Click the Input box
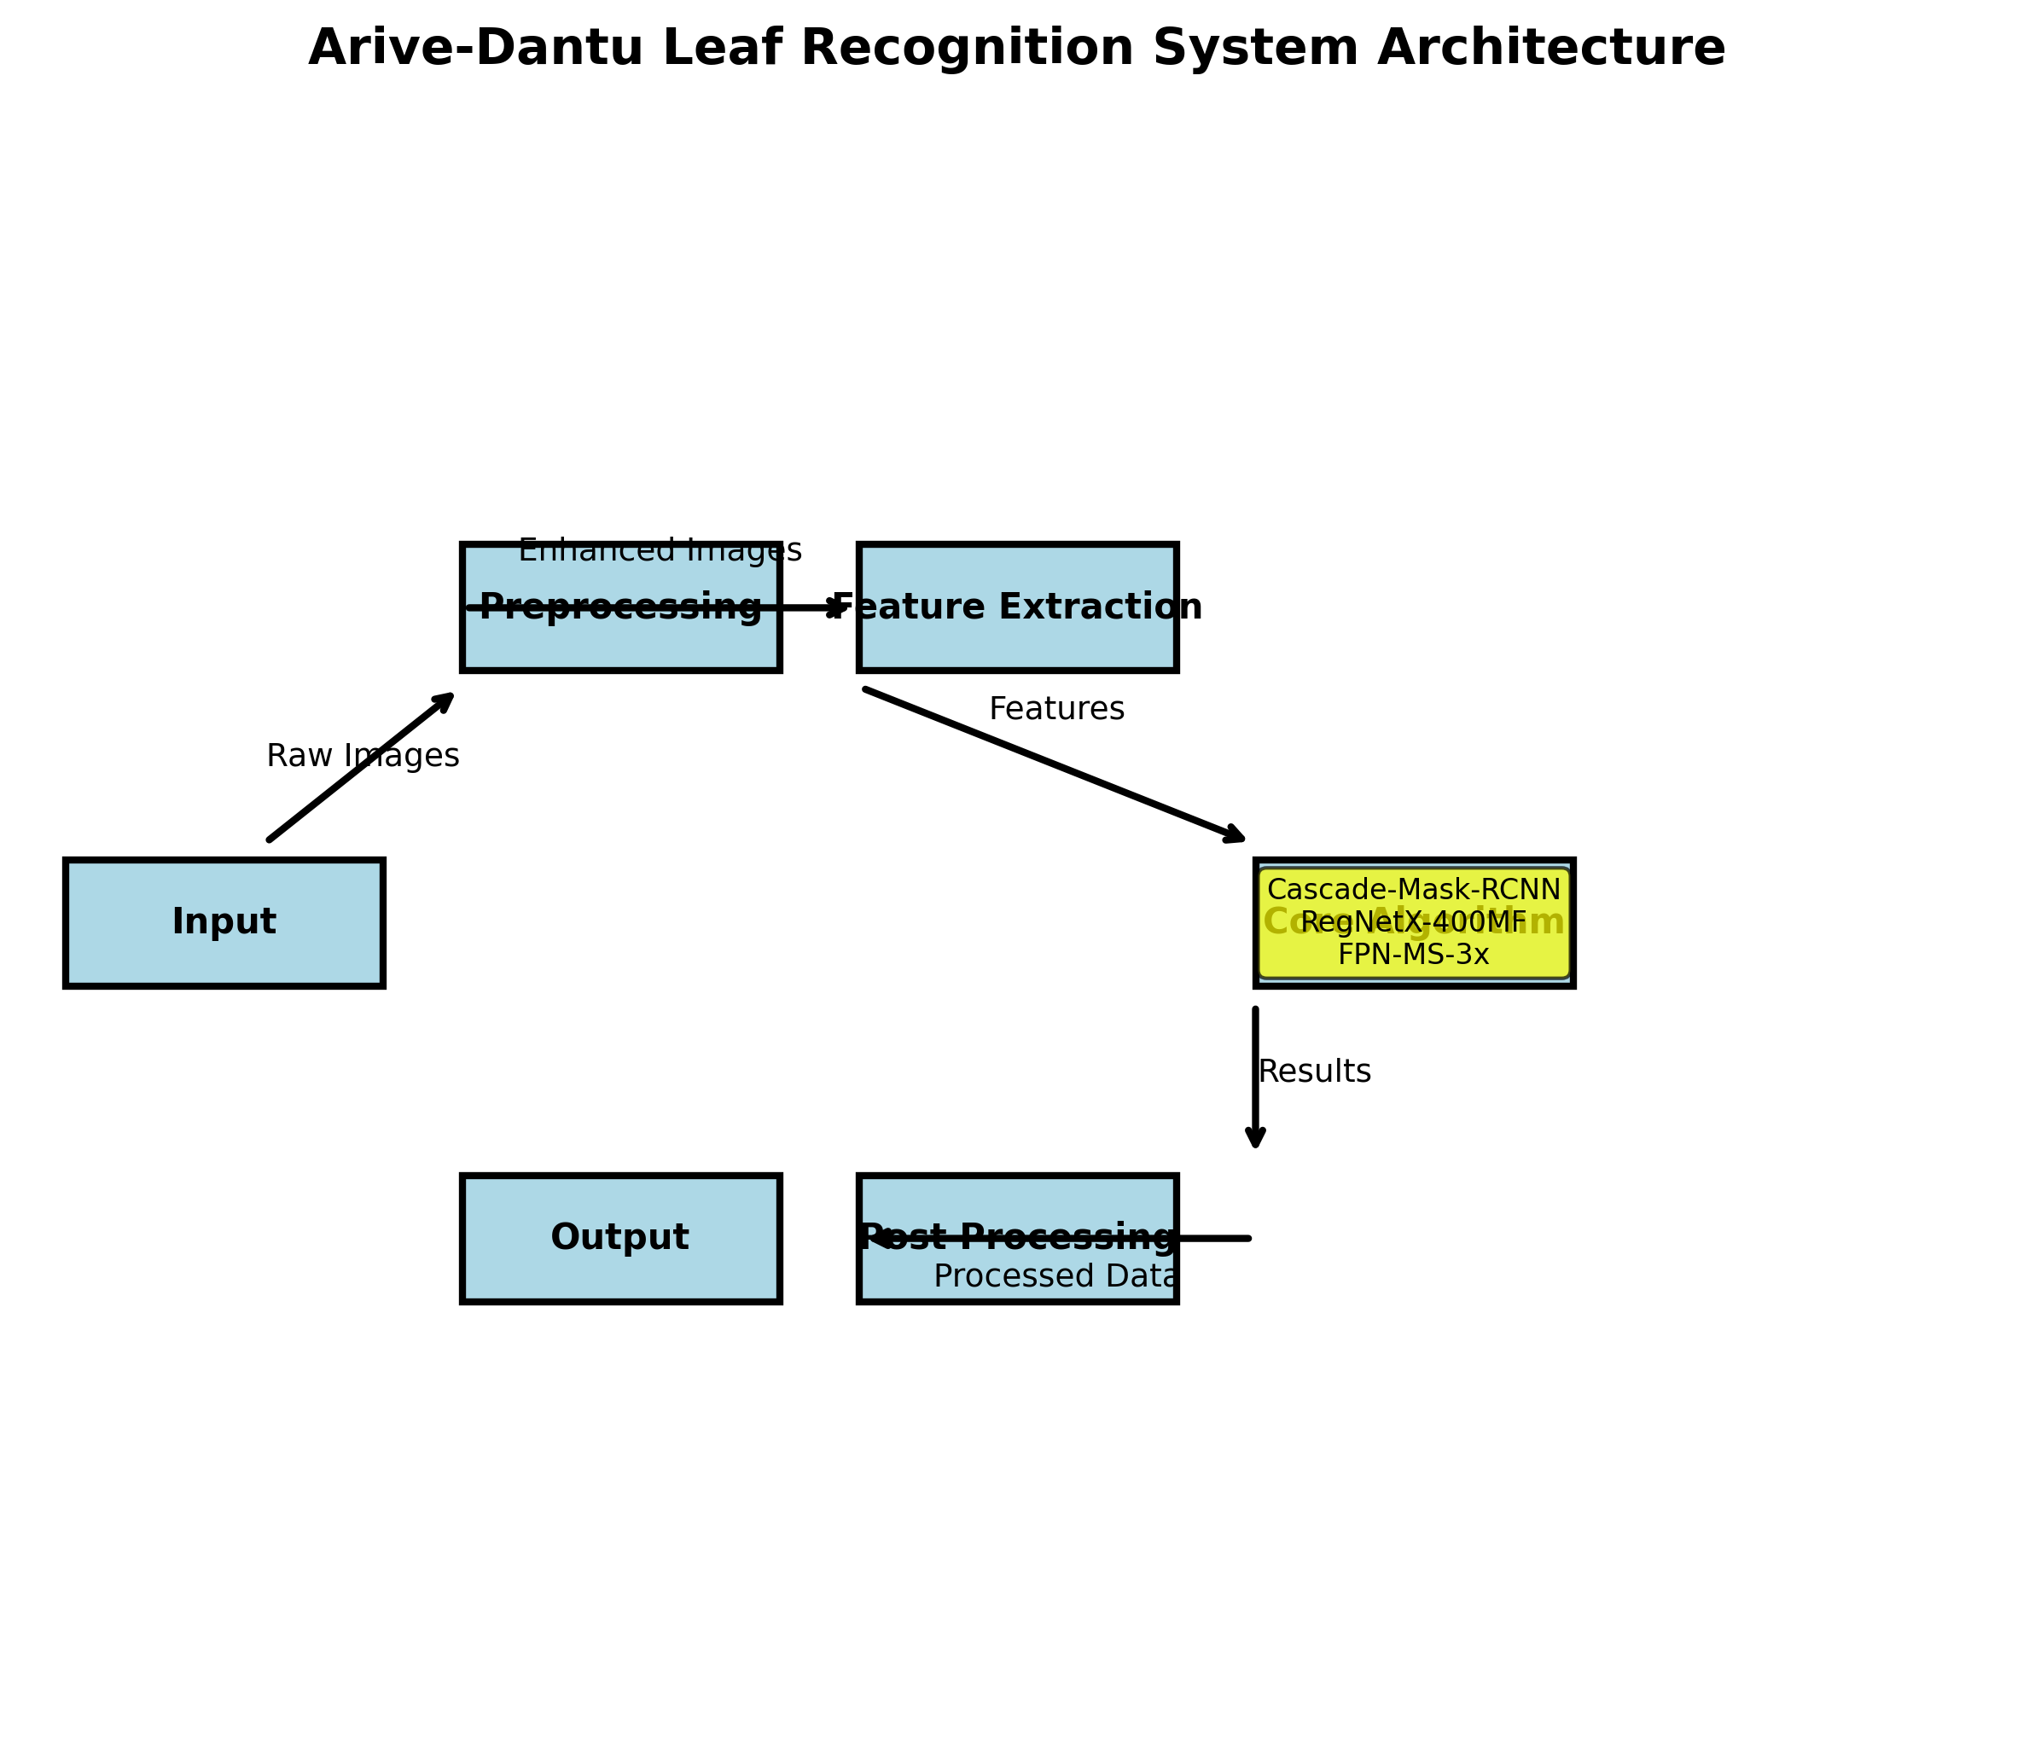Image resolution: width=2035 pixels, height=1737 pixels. tap(224, 922)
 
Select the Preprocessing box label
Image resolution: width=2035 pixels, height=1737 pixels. tap(619, 607)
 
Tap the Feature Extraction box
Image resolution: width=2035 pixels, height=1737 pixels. tap(1017, 638)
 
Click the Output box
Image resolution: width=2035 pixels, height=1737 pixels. tap(619, 1238)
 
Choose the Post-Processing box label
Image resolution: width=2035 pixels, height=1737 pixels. tap(1017, 1237)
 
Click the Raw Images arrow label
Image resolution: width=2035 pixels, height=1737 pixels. tap(363, 756)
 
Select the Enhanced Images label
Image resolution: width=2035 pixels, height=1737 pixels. tap(660, 551)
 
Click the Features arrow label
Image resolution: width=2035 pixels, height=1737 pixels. tap(1057, 709)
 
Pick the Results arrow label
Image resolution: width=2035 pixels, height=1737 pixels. tap(1314, 1072)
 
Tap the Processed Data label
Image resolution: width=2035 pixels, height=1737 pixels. tap(1055, 1276)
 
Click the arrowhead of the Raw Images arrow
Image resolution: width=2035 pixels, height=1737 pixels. tap(447, 698)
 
